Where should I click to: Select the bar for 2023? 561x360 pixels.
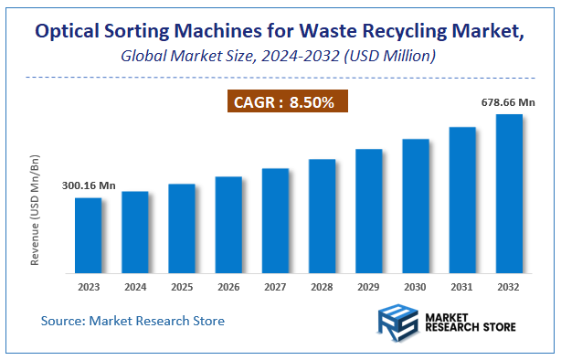point(89,235)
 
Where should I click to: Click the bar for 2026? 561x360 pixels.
point(228,225)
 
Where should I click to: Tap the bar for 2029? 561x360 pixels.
point(368,211)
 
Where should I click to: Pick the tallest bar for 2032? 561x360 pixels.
point(509,194)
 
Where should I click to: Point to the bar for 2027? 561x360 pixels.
point(275,220)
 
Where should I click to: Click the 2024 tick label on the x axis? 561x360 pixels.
point(135,287)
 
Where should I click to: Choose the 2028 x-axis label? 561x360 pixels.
point(322,287)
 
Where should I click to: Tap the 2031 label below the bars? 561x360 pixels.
point(462,287)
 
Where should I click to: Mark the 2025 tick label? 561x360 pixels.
point(182,287)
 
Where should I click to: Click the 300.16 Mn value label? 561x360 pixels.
point(89,185)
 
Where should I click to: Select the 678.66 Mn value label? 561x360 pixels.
point(509,103)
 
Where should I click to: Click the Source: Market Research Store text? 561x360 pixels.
point(132,321)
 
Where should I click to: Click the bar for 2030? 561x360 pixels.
point(416,206)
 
